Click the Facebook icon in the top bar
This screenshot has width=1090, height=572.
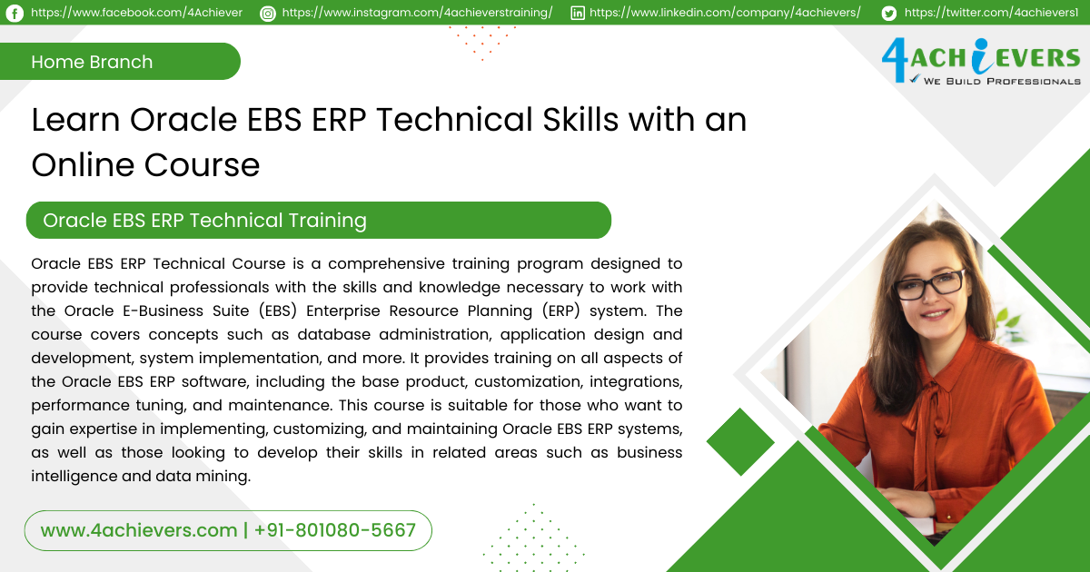15,13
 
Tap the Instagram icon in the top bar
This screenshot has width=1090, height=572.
268,13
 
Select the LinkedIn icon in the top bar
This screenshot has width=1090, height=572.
578,13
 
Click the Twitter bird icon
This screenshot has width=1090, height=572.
888,13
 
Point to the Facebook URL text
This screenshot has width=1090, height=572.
136,13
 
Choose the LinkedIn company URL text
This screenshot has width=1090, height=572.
725,13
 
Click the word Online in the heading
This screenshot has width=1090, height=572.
82,164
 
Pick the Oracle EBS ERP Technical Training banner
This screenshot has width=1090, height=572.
318,220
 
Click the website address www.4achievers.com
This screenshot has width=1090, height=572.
138,530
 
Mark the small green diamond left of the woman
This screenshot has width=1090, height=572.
739,442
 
